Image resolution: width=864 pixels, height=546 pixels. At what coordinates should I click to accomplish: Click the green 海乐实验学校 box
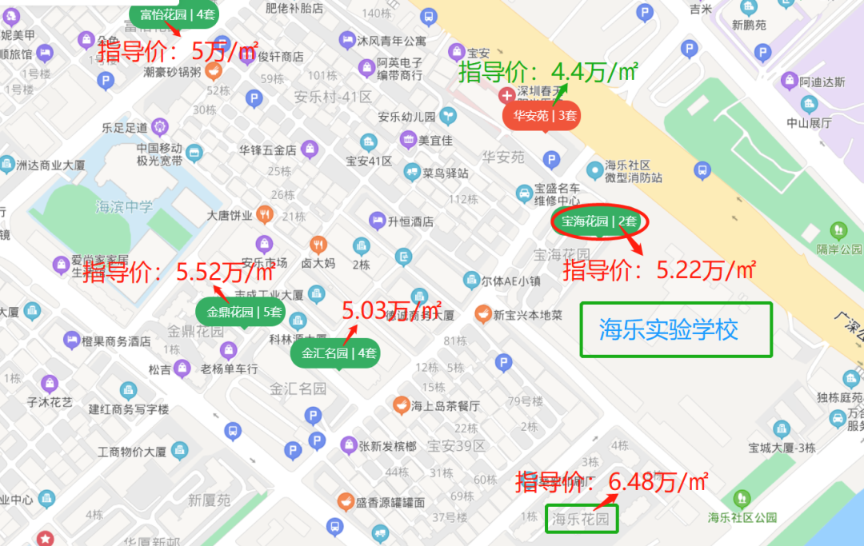click(x=675, y=329)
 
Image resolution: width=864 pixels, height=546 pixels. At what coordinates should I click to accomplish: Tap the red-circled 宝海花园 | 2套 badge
click(x=599, y=221)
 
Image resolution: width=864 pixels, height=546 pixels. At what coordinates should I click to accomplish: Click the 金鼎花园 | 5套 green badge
click(x=245, y=313)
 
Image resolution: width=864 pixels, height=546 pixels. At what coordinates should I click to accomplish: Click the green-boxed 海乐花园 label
click(x=582, y=520)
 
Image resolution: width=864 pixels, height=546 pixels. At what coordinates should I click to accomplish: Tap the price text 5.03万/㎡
click(x=392, y=309)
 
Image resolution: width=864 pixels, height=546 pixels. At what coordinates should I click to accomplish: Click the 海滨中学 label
click(x=124, y=207)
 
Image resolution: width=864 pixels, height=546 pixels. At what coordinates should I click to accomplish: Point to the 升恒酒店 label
click(x=410, y=221)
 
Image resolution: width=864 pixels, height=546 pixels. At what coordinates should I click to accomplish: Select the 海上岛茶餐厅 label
click(x=446, y=406)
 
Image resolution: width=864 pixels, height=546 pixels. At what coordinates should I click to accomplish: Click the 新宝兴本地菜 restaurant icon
click(x=483, y=313)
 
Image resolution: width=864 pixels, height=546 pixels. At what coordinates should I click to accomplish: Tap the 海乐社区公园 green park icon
click(x=742, y=498)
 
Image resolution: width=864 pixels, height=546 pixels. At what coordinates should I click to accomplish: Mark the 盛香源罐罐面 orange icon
click(x=345, y=502)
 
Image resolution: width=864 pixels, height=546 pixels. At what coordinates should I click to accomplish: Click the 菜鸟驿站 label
click(x=446, y=173)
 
